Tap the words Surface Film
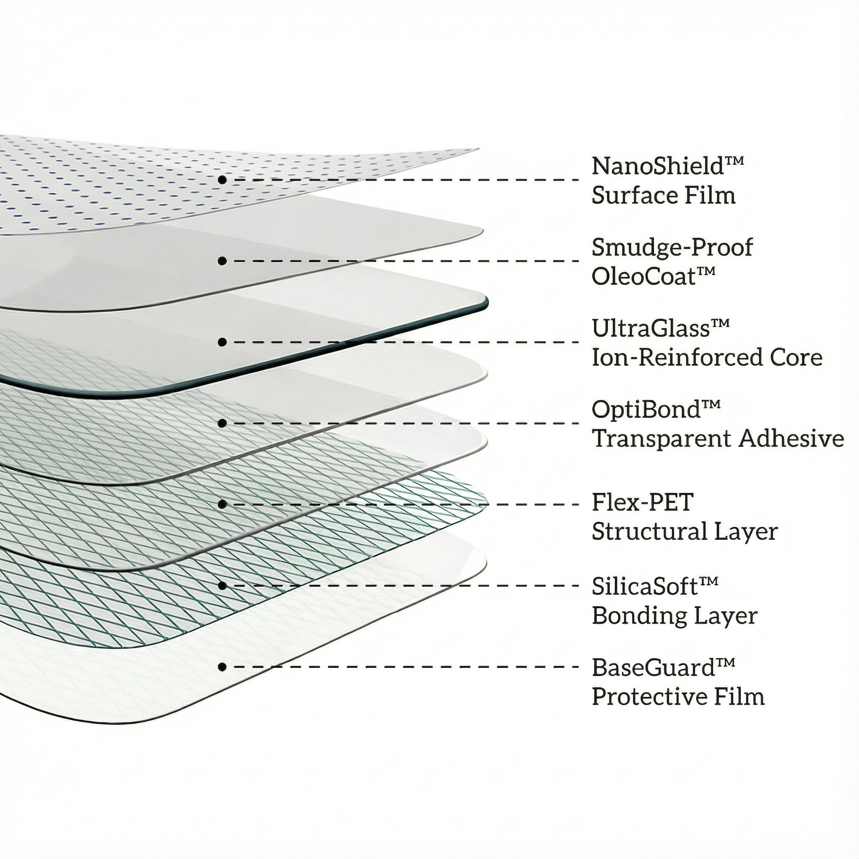point(664,195)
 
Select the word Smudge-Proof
point(672,247)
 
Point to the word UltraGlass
point(650,328)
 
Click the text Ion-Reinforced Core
point(707,357)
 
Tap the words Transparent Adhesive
point(718,439)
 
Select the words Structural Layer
point(685,532)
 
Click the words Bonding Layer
point(674,616)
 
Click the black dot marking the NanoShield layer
point(222,180)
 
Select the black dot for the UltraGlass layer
point(222,342)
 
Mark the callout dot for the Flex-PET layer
point(222,504)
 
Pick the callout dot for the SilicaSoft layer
point(222,586)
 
